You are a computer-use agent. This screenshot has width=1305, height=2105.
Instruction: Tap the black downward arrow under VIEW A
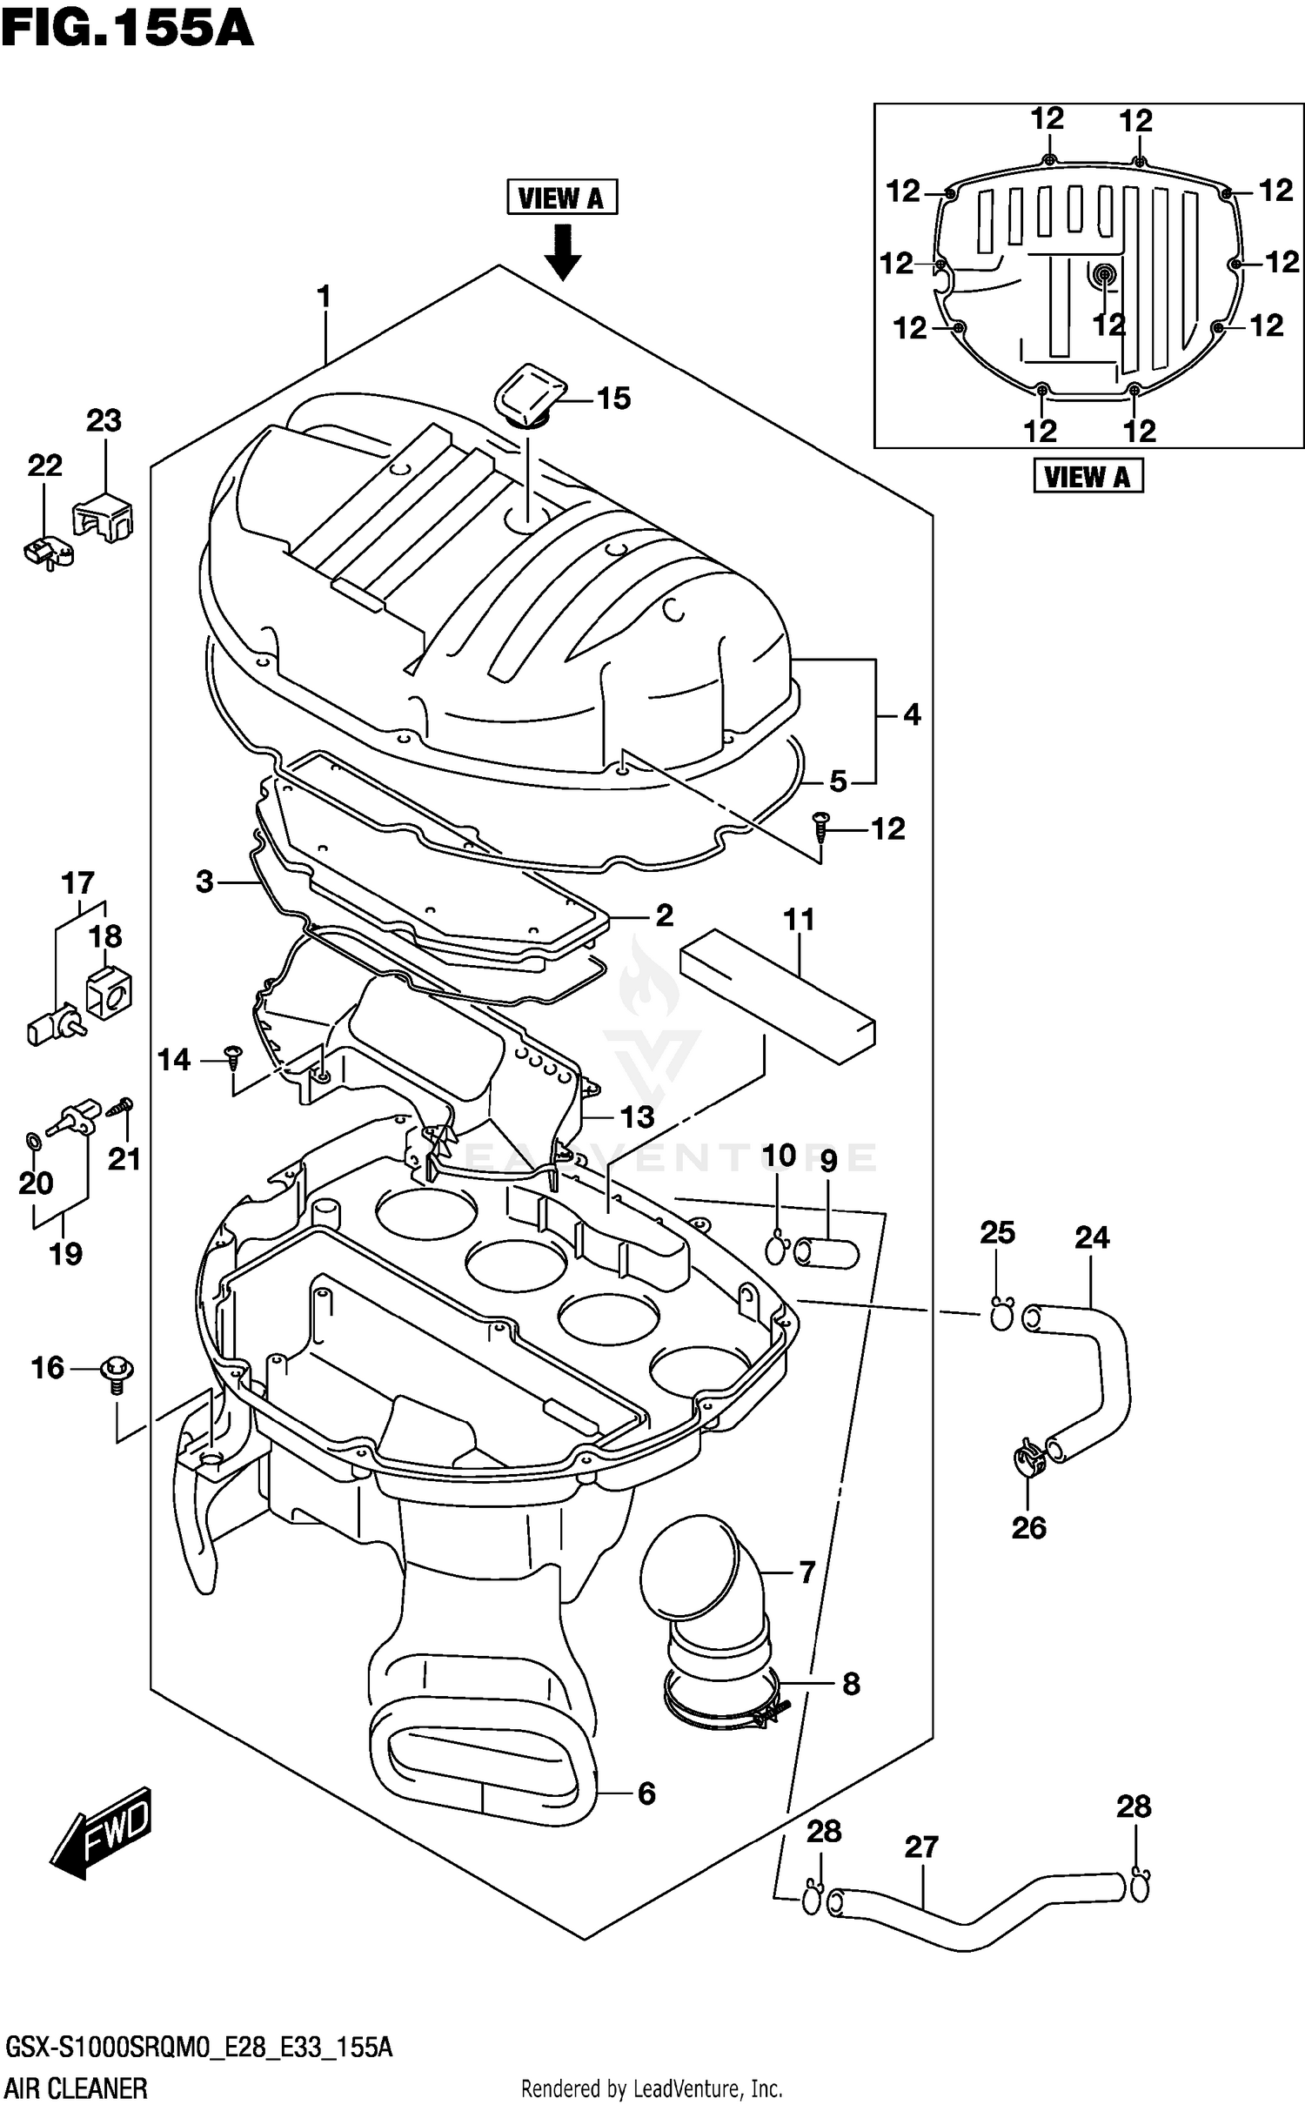pos(563,252)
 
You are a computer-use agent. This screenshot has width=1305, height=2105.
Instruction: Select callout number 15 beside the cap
pos(613,399)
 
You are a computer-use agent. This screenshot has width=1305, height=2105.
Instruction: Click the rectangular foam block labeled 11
pos(778,996)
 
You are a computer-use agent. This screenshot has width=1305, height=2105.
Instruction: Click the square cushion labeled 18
pos(110,992)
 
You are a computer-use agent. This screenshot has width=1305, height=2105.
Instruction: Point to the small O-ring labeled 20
pos(32,1140)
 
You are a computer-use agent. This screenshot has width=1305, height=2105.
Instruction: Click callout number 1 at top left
pos(325,298)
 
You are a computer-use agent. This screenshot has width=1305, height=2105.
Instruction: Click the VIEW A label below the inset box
pos(1087,477)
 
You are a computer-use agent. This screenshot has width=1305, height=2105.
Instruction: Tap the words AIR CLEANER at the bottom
pos(77,2088)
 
